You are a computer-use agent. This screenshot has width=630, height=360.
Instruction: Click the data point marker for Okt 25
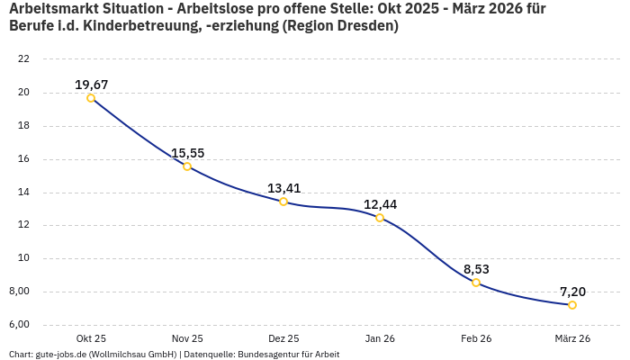91,98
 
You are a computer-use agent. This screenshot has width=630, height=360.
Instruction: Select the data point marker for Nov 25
187,166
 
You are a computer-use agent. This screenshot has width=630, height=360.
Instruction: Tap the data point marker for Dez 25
283,202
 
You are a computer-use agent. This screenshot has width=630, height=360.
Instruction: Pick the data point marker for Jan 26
380,218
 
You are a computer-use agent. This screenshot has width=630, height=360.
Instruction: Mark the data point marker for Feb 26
476,283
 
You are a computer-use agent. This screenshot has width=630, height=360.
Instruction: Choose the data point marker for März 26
572,305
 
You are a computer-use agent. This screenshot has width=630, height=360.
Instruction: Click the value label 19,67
91,85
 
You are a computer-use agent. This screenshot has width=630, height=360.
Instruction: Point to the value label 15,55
187,153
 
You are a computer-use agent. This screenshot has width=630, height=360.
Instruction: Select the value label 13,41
283,188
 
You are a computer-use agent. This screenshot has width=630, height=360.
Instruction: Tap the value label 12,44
380,204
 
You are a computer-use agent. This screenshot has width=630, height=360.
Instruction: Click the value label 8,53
476,269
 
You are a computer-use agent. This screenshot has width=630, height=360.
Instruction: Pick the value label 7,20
572,292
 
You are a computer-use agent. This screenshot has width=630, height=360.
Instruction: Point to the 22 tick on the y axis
23,59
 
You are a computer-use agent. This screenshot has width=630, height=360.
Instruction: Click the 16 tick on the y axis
23,159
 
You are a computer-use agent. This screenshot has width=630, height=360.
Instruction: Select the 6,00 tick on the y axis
20,325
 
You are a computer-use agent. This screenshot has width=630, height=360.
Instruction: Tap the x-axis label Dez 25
283,339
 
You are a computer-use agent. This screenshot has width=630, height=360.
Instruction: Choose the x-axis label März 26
572,339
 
